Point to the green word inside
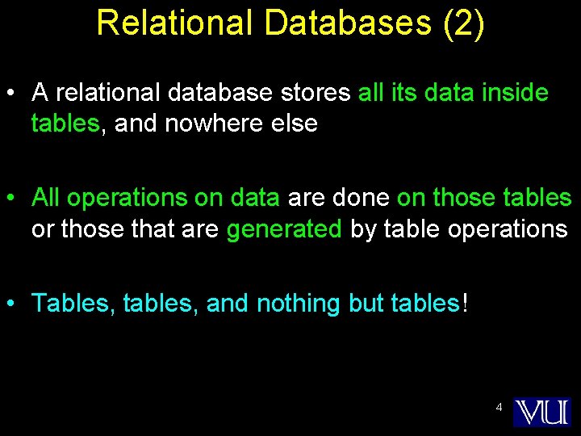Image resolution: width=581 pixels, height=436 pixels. [515, 93]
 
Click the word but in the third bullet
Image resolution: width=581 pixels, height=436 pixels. [366, 304]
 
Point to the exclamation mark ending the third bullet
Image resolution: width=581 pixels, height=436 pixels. [463, 304]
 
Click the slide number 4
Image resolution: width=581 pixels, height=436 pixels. [499, 408]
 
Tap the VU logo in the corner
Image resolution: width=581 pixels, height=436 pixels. [542, 412]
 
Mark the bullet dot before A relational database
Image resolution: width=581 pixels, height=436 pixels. [12, 94]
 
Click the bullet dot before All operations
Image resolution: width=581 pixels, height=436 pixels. [12, 199]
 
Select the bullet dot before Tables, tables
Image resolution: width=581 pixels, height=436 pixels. [12, 304]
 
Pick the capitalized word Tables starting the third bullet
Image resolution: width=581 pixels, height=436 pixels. [73, 304]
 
